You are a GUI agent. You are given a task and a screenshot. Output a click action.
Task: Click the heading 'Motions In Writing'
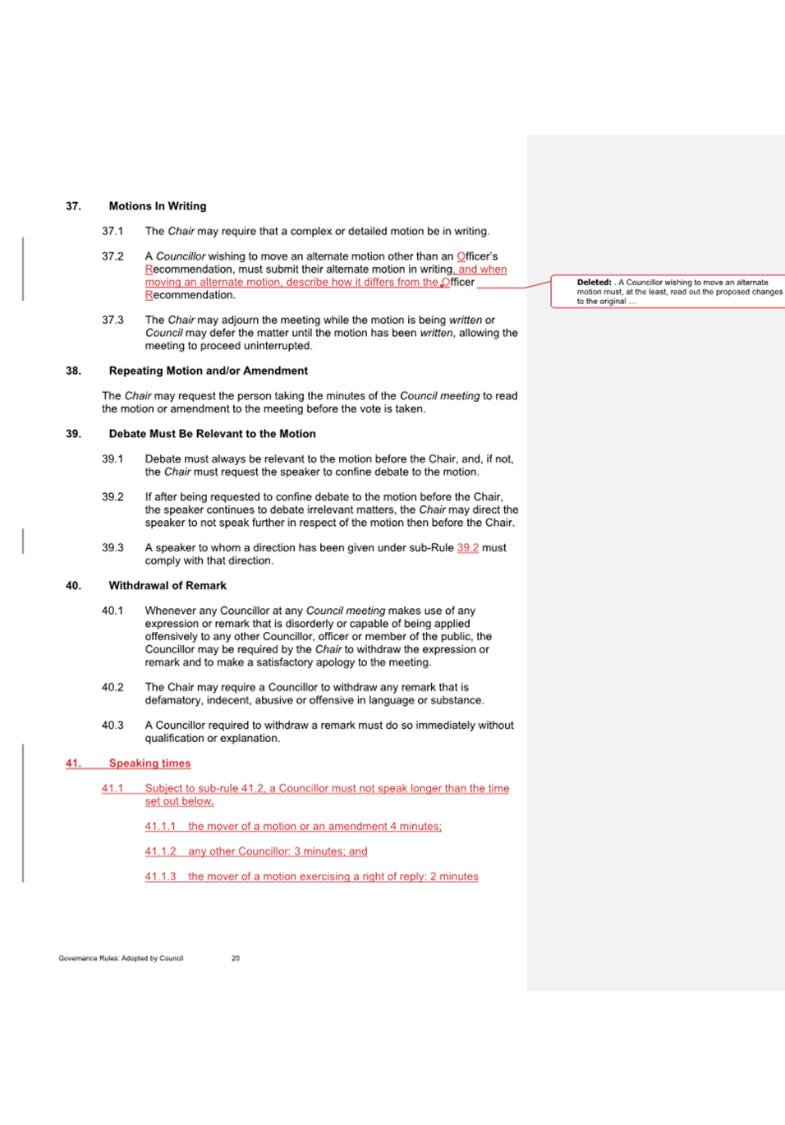(x=158, y=206)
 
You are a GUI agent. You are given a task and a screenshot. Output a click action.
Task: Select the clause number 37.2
(x=112, y=256)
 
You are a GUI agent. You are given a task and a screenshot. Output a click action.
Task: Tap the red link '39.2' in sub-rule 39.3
(x=467, y=548)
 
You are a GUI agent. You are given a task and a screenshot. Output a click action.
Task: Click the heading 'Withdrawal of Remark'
(x=168, y=586)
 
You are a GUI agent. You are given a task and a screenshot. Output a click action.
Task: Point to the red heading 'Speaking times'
(x=149, y=763)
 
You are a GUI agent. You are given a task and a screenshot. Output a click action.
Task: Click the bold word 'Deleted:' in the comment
(x=594, y=283)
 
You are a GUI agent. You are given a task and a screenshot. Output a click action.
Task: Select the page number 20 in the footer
(x=236, y=958)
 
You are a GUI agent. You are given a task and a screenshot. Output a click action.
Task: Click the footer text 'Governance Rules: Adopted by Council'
(x=121, y=958)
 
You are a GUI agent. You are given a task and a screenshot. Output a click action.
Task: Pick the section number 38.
(x=73, y=371)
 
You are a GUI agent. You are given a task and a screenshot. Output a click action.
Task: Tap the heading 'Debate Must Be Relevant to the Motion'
(x=212, y=434)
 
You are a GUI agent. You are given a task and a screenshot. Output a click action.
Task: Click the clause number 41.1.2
(x=160, y=851)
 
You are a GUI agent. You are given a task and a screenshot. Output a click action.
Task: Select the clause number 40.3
(x=112, y=726)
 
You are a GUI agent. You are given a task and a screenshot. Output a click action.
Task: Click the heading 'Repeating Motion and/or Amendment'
(x=208, y=371)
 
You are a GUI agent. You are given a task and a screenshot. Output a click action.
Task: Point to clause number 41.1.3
(x=160, y=877)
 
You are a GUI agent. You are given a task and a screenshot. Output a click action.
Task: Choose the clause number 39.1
(x=112, y=459)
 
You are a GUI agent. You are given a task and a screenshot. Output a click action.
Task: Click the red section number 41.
(x=73, y=763)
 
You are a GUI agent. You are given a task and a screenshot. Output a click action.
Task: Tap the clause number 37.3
(x=112, y=320)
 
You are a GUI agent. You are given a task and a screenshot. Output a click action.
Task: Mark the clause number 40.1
(x=112, y=611)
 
